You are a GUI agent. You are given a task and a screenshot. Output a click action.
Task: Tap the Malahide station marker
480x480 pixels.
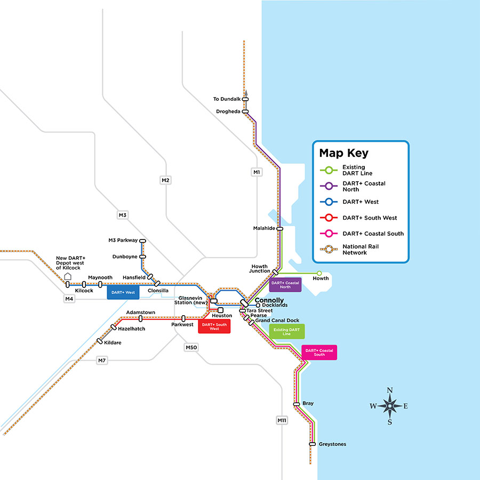coord(279,228)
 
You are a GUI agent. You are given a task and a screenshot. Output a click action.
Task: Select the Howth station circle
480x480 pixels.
coord(319,273)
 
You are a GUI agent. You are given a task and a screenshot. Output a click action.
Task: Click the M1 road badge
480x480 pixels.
coord(257,172)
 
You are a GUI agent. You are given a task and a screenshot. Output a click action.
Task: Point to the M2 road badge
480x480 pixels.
coord(165,180)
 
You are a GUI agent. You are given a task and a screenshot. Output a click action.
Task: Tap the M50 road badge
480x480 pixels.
coord(191,348)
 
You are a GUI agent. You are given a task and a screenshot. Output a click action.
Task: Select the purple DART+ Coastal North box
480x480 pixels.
coord(285,285)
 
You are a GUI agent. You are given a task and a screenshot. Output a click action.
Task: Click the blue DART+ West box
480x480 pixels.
coord(123,292)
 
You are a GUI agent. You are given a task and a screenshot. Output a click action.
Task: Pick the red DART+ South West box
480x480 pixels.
coord(214,326)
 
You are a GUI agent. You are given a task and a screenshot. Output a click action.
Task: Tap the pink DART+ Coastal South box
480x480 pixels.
coord(319,353)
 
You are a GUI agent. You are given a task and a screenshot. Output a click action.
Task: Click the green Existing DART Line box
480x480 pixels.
coord(286,331)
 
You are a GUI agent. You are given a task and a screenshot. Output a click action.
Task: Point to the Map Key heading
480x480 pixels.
coord(343,154)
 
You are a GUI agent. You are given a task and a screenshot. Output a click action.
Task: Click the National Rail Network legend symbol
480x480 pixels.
coord(329,249)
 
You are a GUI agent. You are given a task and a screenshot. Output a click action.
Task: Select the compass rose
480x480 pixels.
coord(390,406)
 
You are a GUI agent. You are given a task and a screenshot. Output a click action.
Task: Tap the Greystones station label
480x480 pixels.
coord(332,444)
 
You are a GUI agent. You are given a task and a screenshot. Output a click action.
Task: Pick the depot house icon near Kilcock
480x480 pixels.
coord(68,276)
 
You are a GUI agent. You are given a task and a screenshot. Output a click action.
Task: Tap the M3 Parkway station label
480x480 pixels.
coord(123,241)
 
